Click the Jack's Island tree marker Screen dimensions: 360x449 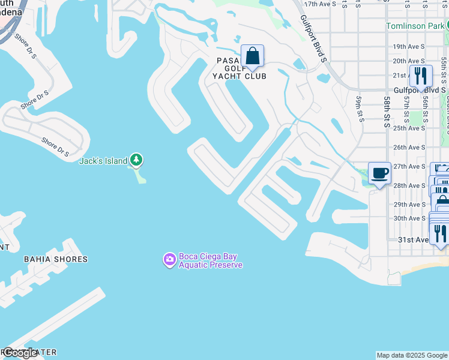[x=137, y=160]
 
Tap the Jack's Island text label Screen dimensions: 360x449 [x=103, y=161]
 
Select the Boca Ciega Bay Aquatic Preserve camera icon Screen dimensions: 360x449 [x=169, y=259]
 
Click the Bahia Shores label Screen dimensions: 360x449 [x=55, y=259]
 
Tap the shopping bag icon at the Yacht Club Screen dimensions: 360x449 [x=253, y=57]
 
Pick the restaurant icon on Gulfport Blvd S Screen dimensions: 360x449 [x=421, y=76]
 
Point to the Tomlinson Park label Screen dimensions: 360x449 [x=415, y=26]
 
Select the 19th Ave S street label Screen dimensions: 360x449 [x=408, y=46]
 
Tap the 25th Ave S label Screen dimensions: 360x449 [x=408, y=128]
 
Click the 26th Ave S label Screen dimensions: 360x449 [x=408, y=147]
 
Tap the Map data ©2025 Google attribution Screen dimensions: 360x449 [x=411, y=355]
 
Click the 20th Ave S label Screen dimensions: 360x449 [x=408, y=61]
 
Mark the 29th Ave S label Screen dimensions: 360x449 [x=408, y=205]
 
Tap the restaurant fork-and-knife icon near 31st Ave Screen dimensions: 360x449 [x=440, y=233]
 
